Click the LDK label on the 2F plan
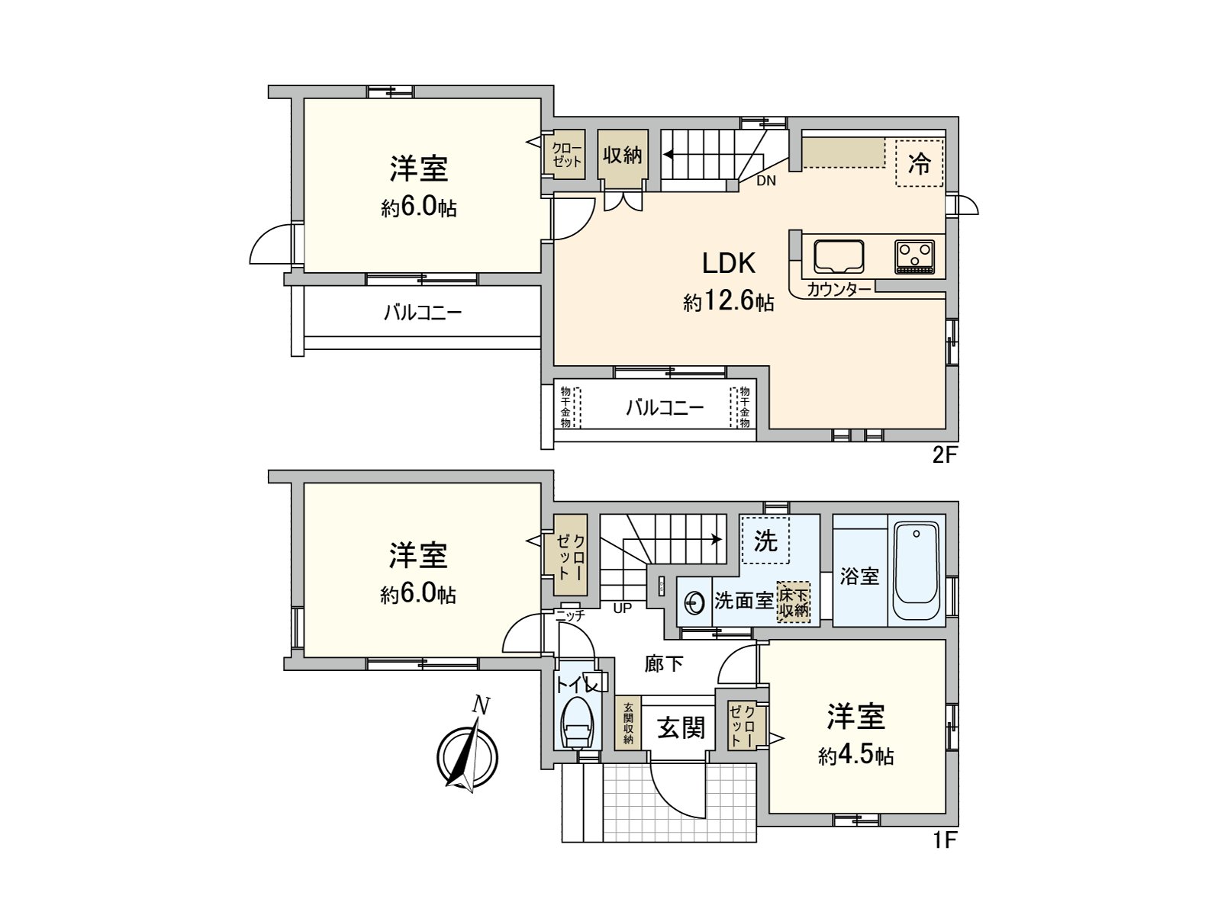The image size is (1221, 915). [x=729, y=264]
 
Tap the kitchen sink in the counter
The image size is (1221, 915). [x=839, y=256]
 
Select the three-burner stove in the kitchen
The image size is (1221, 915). [x=914, y=256]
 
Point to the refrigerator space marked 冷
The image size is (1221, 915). [x=919, y=162]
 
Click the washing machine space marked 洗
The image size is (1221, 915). [x=765, y=541]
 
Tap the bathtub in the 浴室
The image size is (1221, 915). [x=916, y=571]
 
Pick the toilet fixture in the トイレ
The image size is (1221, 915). [x=578, y=724]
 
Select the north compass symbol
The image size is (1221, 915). [x=467, y=755]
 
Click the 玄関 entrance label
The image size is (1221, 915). [x=681, y=728]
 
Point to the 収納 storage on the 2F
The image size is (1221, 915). [x=623, y=156]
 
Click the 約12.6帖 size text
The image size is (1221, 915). [x=728, y=302]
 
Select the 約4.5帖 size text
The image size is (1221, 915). [x=855, y=756]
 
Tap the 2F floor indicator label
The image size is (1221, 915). [x=944, y=455]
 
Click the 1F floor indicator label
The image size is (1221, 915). [x=944, y=840]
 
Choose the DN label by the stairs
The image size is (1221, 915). [x=766, y=181]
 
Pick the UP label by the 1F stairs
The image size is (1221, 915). [x=622, y=608]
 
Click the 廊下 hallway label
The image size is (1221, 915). [x=663, y=664]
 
